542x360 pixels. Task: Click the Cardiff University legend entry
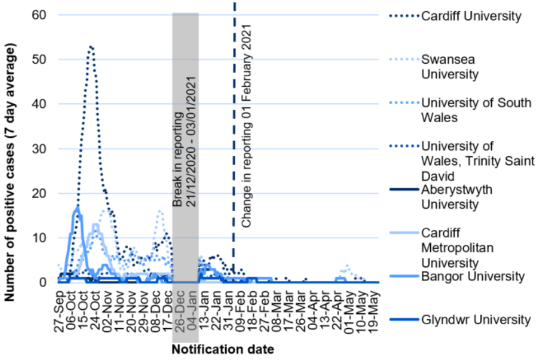(x=471, y=16)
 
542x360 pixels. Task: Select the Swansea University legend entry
(x=449, y=67)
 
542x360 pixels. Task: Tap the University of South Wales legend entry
(x=475, y=110)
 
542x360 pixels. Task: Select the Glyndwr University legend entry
(x=475, y=319)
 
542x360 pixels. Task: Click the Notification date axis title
(x=223, y=349)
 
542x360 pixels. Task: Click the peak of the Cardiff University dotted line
(x=91, y=47)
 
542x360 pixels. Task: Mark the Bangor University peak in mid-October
(x=77, y=208)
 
